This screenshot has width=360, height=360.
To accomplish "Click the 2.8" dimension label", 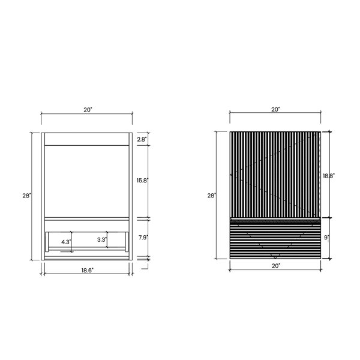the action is pyautogui.click(x=142, y=139).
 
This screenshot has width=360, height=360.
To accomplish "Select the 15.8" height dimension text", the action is pyautogui.click(x=142, y=181).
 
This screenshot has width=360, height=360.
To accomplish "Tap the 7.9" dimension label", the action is pyautogui.click(x=143, y=238).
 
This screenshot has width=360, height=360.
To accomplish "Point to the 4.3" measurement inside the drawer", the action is pyautogui.click(x=66, y=242).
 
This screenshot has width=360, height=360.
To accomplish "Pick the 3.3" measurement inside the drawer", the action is pyautogui.click(x=102, y=239).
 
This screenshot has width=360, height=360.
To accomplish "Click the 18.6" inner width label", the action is pyautogui.click(x=87, y=270).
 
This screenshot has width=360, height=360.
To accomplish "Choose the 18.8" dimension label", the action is pyautogui.click(x=329, y=176).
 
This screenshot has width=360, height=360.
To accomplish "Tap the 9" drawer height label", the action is pyautogui.click(x=326, y=238).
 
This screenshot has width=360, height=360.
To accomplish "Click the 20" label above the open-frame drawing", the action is pyautogui.click(x=88, y=110).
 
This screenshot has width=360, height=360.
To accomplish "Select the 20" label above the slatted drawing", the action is pyautogui.click(x=275, y=110).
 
